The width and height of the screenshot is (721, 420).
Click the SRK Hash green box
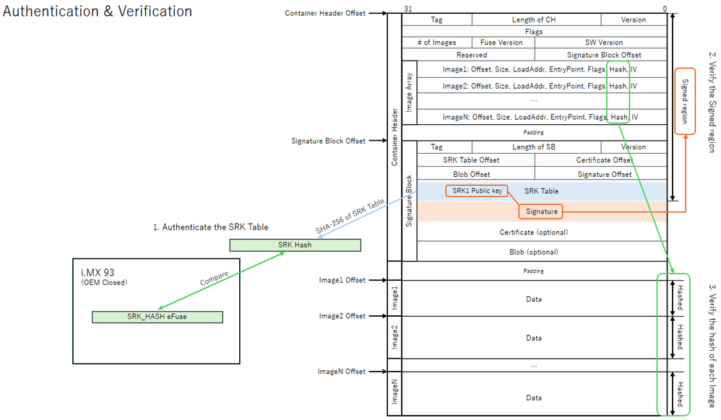tap(295, 245)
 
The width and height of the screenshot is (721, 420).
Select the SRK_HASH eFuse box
tap(157, 317)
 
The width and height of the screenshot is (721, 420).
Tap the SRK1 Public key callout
tap(477, 191)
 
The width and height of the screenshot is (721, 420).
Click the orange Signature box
tap(541, 211)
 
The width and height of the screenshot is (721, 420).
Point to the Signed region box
tap(685, 101)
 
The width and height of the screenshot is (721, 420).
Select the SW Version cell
tap(601, 43)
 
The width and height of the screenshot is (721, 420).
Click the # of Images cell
tap(437, 43)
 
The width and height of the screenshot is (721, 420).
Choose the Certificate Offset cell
tap(601, 160)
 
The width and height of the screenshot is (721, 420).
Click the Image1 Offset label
tap(342, 280)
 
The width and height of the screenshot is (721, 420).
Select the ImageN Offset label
tap(342, 372)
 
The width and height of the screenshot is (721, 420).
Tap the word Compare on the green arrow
tap(215, 278)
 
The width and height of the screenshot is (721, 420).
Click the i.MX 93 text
tap(98, 273)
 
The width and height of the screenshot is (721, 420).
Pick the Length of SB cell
tap(534, 147)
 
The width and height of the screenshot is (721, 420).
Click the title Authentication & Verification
tap(98, 11)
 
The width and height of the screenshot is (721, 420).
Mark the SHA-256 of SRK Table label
tap(350, 216)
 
